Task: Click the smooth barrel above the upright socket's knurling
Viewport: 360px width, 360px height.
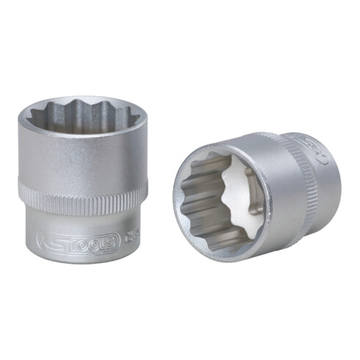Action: click(x=81, y=158)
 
